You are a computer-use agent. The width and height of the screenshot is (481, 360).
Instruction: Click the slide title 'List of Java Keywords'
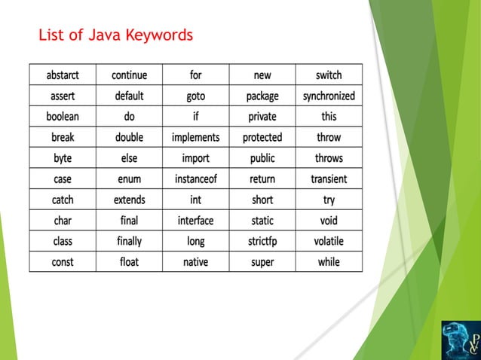[115, 35]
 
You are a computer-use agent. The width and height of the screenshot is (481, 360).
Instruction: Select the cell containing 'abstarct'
[63, 75]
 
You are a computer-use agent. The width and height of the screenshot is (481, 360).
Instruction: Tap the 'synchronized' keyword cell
[329, 96]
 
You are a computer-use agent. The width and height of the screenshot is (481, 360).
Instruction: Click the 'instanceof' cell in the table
[195, 179]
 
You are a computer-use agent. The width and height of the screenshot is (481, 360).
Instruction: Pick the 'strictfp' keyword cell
[262, 241]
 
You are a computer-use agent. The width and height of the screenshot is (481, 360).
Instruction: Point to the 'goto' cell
[195, 96]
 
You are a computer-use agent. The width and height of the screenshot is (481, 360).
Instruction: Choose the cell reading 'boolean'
[63, 117]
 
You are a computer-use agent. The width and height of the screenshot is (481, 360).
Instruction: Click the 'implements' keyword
[195, 138]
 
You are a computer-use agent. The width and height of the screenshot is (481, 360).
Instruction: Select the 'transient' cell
[329, 179]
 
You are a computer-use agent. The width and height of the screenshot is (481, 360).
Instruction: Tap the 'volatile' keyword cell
[329, 241]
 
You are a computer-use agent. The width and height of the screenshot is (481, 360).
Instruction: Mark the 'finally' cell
[129, 241]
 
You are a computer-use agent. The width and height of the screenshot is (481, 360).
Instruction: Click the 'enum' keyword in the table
[129, 179]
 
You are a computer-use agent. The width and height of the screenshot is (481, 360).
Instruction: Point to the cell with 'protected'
[262, 138]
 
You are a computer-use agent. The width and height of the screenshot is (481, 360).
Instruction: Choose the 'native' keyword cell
[195, 262]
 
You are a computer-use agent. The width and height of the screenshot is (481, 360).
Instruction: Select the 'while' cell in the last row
[329, 262]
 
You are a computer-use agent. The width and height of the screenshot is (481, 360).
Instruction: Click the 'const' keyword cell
[63, 262]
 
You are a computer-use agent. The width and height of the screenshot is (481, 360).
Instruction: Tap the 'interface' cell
[195, 221]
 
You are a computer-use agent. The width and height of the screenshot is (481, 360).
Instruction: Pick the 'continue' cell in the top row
[129, 75]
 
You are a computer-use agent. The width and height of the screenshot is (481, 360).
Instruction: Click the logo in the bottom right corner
[460, 339]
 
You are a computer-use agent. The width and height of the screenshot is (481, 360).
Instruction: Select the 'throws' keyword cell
[329, 158]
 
